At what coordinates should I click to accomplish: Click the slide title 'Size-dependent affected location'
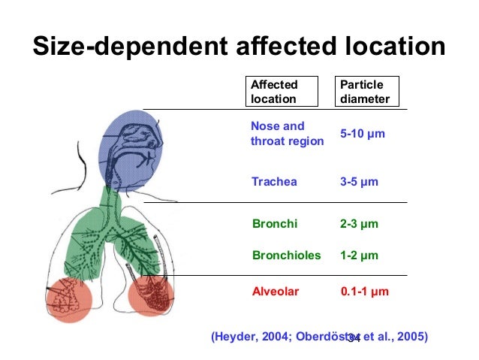239,47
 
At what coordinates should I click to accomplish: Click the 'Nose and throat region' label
287,134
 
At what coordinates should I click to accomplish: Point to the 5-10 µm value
362,134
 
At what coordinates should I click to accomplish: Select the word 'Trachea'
273,182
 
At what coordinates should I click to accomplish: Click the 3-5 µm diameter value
358,182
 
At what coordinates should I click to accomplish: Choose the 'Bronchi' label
274,224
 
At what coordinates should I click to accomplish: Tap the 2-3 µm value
358,224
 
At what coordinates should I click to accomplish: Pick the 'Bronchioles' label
285,256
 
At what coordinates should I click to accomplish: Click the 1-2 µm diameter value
358,256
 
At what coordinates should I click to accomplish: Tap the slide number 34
354,339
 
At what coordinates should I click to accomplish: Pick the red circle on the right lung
155,295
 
